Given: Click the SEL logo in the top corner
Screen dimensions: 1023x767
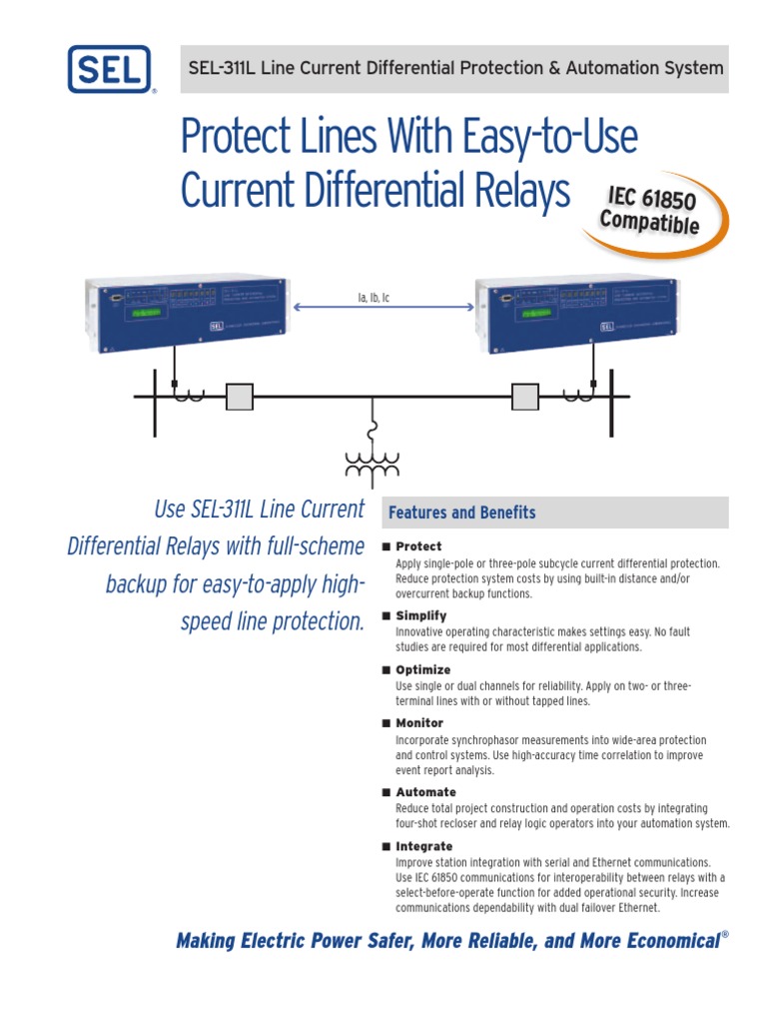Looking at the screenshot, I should tap(110, 70).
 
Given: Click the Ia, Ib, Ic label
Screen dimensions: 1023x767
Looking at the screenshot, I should tap(375, 298).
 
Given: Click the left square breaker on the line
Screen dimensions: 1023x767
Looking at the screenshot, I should tap(239, 398).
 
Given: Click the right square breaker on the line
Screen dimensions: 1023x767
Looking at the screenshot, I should tap(525, 398).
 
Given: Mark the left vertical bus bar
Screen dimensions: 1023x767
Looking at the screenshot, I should tap(155, 402).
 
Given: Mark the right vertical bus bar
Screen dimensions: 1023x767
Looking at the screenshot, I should tap(611, 402).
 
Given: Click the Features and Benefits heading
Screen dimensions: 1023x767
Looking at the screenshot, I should tap(461, 512).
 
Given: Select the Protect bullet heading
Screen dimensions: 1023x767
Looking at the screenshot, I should tap(418, 546).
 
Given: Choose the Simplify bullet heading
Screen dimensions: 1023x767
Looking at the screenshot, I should tap(420, 615).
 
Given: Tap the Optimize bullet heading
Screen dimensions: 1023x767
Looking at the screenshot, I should tap(422, 669).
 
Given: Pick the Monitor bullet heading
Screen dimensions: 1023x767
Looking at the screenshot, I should tap(419, 722).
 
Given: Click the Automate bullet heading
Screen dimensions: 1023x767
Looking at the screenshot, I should tap(425, 792).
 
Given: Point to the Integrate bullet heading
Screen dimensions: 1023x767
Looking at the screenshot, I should tap(423, 846).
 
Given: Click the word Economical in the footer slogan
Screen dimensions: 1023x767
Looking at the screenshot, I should tap(666, 940).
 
